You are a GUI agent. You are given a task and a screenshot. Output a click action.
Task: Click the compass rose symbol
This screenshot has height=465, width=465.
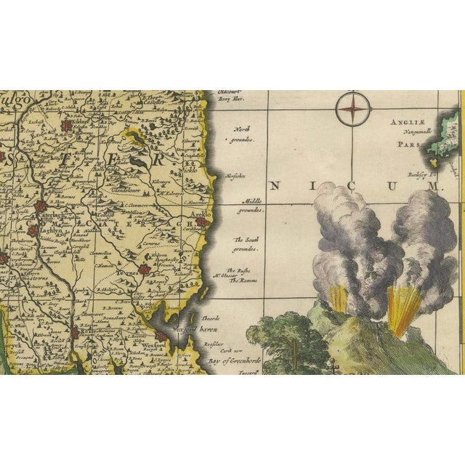coord(352,110)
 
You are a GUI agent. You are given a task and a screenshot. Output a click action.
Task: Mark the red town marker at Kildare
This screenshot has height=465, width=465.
coord(68,126)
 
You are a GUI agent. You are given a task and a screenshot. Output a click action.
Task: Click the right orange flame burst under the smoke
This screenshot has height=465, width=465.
coord(401,304)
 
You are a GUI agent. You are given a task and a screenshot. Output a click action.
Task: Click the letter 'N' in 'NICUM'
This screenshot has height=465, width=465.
coord(274,187)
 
